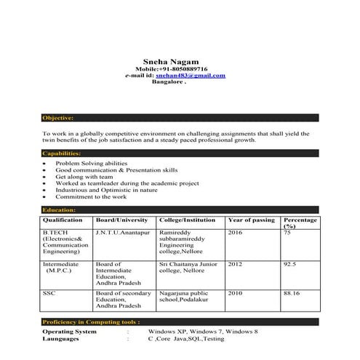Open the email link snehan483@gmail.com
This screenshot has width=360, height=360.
(191, 75)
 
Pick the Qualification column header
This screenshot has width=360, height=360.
(63, 220)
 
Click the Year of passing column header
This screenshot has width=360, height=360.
(251, 220)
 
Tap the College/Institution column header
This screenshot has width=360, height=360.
(188, 220)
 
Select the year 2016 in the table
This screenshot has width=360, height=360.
(236, 233)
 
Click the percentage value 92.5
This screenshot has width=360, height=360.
(290, 264)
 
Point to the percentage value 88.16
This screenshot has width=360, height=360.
(292, 293)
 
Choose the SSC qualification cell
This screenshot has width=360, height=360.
(49, 293)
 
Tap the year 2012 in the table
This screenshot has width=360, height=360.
(236, 264)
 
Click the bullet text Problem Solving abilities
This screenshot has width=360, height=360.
(91, 164)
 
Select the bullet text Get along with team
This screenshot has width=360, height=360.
(84, 177)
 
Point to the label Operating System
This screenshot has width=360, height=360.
(69, 332)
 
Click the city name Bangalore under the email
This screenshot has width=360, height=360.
(168, 82)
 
